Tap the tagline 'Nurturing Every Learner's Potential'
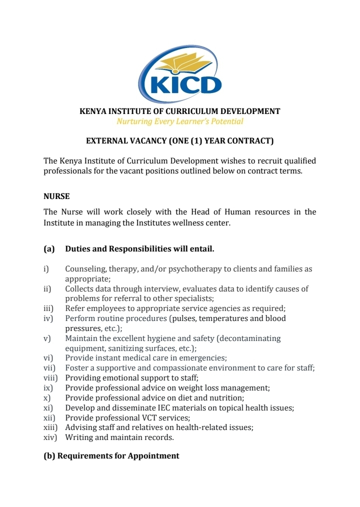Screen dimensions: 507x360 180,121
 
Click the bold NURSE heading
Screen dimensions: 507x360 56,196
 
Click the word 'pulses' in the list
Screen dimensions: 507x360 184,318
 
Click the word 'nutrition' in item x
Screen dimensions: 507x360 227,398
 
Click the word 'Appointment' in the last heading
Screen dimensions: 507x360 153,456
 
